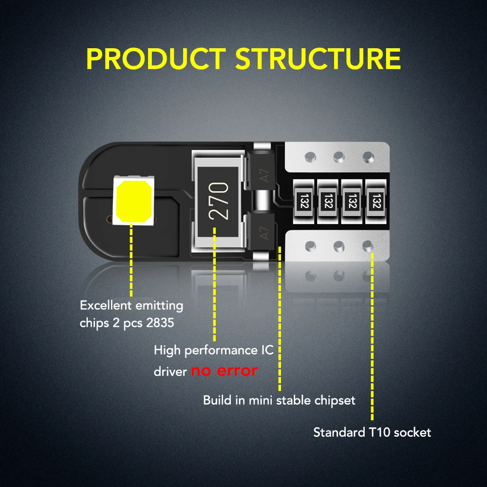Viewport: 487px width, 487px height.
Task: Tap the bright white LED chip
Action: [133, 200]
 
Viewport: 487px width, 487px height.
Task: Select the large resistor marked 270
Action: [217, 201]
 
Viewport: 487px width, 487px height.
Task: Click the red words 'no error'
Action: [224, 371]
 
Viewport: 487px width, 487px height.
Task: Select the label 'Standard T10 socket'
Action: [372, 432]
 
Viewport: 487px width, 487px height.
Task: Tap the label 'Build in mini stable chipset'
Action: [279, 400]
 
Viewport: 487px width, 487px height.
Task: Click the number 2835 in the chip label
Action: [160, 323]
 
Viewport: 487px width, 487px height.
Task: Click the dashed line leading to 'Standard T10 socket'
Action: [373, 336]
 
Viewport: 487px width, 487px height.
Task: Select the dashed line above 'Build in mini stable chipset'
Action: [280, 321]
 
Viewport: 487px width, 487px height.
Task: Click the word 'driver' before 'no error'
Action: [170, 372]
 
